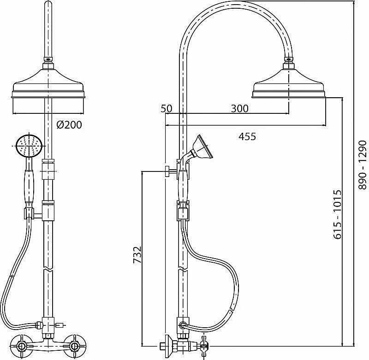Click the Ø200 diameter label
click(69, 124)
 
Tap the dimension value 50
click(167, 109)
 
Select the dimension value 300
click(239, 109)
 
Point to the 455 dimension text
click(247, 136)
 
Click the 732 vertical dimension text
click(137, 254)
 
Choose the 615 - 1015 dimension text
click(337, 214)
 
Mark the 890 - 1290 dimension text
click(363, 165)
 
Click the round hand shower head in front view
click(29, 146)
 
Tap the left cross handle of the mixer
click(22, 346)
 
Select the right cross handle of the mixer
click(75, 346)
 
